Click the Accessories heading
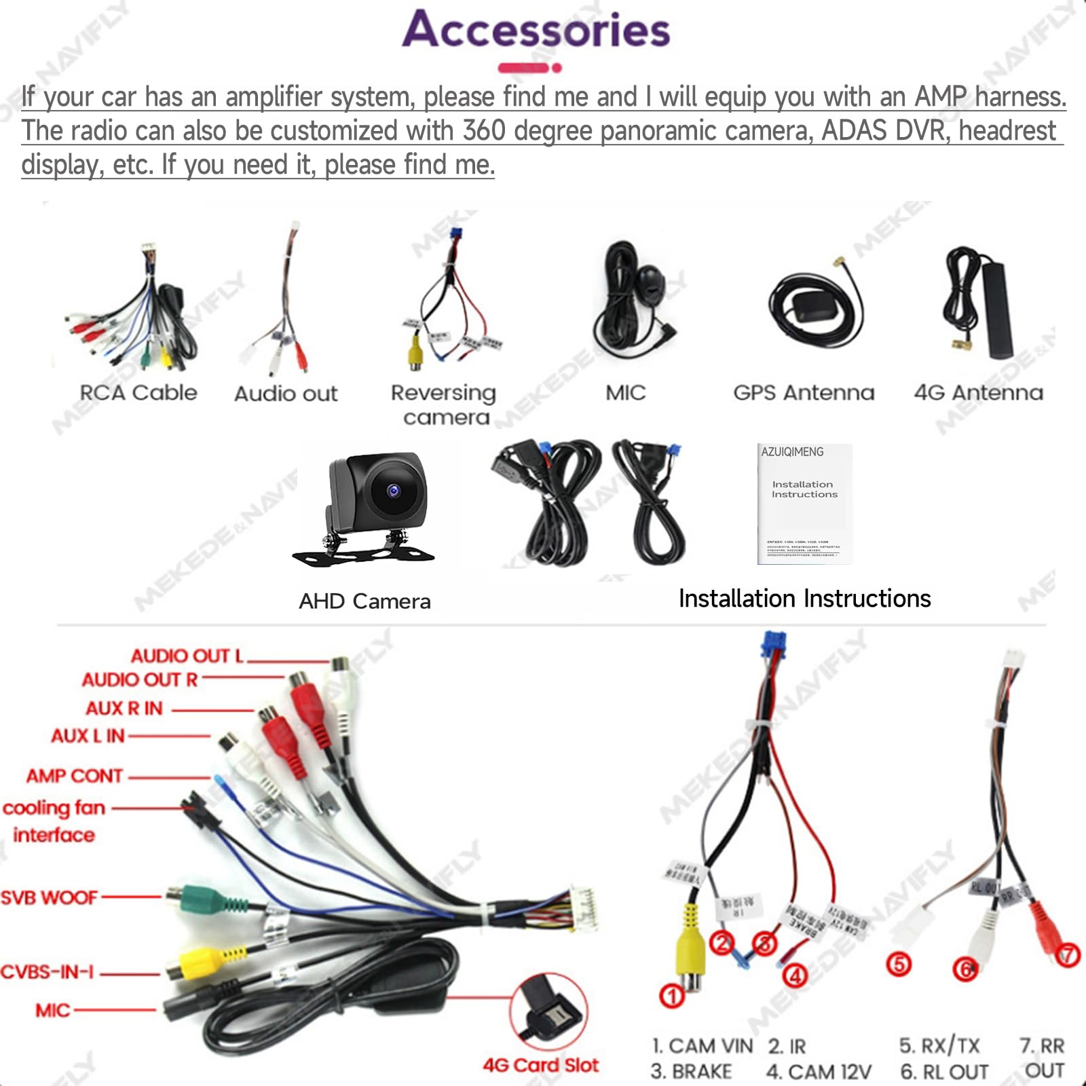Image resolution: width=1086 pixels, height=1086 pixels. point(536,31)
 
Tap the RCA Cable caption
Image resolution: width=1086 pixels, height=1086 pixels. point(138,393)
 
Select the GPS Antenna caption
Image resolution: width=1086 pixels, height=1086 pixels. point(804,393)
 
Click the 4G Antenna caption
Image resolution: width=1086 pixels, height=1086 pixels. point(978,393)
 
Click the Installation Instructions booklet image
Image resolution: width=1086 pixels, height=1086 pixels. point(804,504)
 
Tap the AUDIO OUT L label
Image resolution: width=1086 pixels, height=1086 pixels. point(187,656)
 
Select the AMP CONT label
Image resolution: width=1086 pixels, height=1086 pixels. point(75,776)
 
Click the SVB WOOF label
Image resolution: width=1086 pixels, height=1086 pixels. point(49,898)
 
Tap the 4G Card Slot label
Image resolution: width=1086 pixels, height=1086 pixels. point(540,1065)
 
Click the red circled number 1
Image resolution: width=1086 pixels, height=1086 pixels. point(672,996)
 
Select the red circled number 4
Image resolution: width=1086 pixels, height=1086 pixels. point(795,976)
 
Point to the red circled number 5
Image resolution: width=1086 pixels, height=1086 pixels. point(899,965)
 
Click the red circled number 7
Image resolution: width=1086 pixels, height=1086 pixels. point(1067,956)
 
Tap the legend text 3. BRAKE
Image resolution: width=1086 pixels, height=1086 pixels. point(691,1072)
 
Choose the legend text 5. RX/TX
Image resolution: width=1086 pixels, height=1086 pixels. point(939,1046)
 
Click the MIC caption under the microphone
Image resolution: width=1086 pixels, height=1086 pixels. point(625,393)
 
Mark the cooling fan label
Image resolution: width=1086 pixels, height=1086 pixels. point(54,808)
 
